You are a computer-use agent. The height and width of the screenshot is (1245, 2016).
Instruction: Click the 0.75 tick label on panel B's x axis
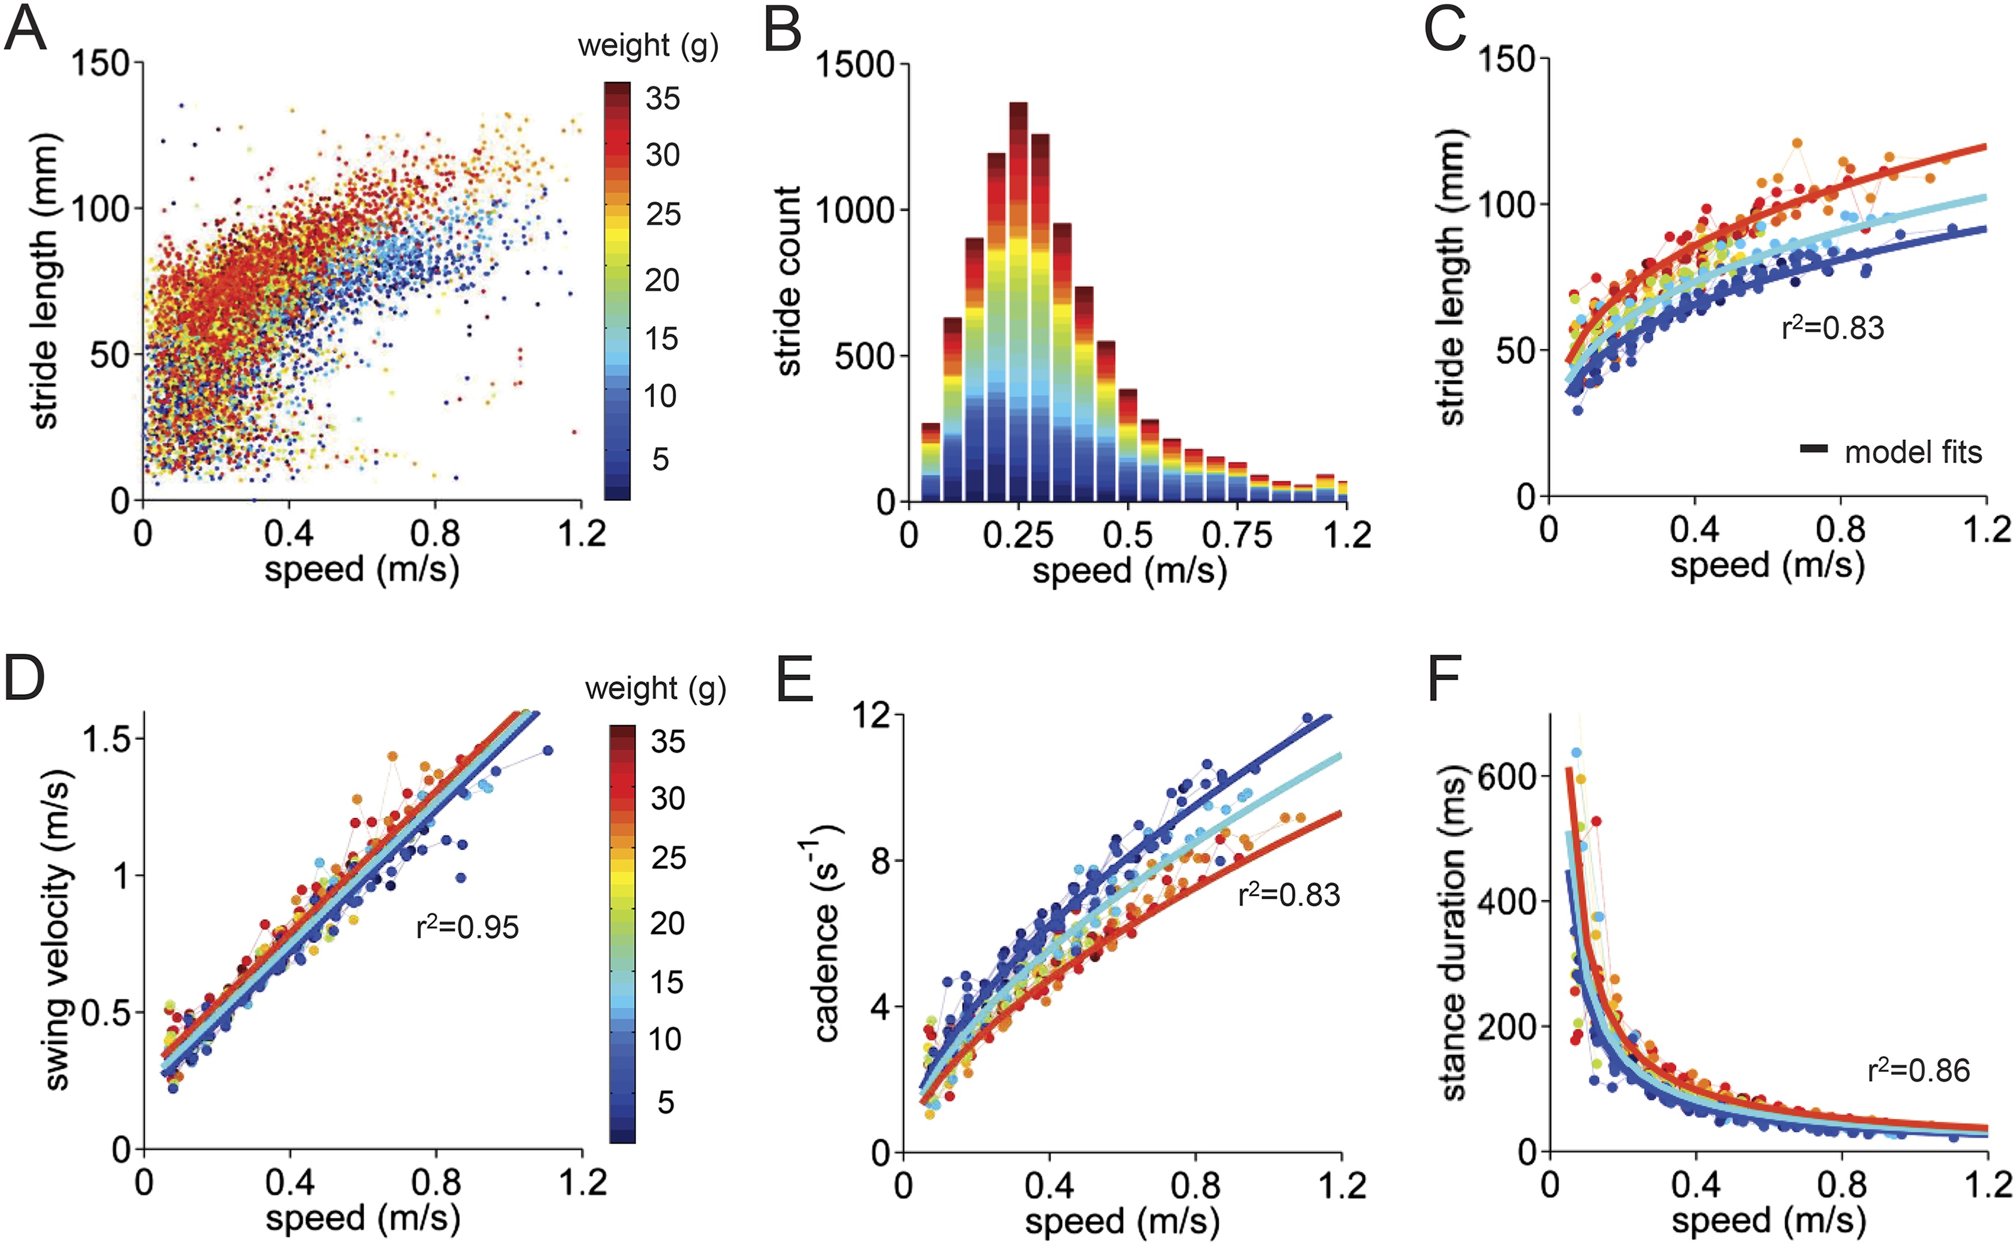(x=1236, y=536)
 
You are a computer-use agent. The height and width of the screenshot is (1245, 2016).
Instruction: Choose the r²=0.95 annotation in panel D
(x=467, y=928)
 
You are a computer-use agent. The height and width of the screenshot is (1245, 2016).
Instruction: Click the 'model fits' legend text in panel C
(x=1913, y=452)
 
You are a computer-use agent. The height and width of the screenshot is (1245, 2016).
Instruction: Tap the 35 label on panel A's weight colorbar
(x=662, y=99)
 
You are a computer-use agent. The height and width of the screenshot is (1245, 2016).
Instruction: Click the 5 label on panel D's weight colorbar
(x=665, y=1102)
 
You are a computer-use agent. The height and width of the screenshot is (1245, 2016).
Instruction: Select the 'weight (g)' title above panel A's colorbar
(x=648, y=46)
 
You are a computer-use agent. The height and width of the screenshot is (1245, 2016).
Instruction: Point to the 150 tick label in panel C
(x=1506, y=60)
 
